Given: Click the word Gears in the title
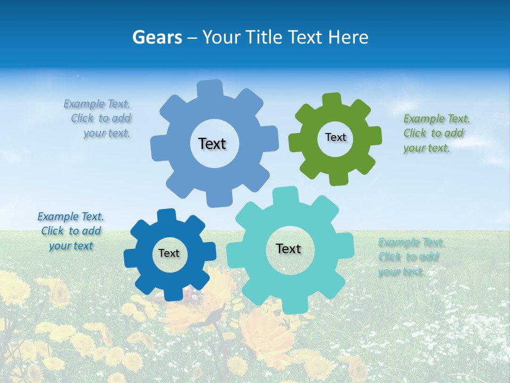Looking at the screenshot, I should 157,37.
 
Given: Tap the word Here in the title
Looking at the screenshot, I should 348,37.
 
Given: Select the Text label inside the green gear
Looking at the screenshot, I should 335,137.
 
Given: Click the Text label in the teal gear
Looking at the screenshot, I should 288,249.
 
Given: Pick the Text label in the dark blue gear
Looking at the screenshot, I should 169,254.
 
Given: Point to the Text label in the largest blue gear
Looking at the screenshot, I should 212,144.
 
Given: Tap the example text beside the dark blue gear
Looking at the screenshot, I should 71,231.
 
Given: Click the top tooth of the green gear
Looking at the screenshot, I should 331,100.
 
